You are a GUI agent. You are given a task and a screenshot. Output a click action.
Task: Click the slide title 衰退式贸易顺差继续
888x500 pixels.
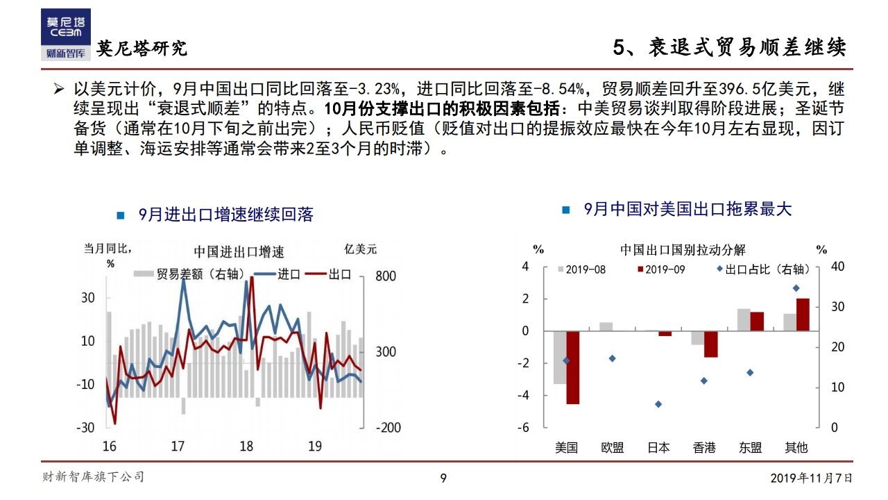[747, 47]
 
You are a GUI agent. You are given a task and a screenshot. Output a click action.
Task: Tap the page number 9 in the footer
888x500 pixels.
[444, 478]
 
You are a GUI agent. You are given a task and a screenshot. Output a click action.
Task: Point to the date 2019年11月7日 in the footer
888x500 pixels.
[811, 478]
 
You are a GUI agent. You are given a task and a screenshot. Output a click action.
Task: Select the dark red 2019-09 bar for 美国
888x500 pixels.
[572, 367]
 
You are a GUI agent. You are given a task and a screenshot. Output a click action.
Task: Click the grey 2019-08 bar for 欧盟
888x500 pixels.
[606, 326]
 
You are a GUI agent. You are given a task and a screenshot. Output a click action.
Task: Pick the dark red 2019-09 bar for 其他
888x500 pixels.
[803, 315]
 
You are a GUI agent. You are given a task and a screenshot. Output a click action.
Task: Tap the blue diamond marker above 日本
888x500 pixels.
[658, 404]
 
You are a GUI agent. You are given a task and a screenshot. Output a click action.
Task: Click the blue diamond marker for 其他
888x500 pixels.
[796, 288]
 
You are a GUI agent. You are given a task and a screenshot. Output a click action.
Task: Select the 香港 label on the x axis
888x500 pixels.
[704, 448]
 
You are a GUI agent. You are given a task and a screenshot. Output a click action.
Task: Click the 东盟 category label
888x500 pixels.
[750, 448]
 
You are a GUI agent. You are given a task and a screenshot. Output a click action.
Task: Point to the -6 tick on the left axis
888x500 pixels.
[524, 428]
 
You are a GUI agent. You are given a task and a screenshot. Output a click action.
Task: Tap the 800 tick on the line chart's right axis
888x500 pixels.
[386, 276]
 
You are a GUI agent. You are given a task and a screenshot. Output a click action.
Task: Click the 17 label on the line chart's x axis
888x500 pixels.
[178, 446]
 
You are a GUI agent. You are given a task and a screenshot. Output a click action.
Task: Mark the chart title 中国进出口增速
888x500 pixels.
[239, 251]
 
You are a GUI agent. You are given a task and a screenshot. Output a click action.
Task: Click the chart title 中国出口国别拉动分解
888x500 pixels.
[683, 250]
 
